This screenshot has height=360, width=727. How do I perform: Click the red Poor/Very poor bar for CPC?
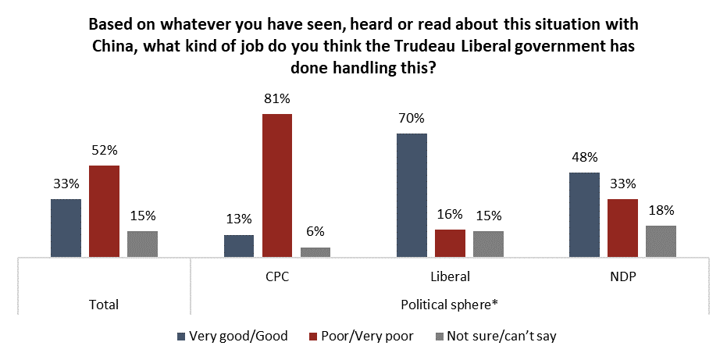[x=277, y=185]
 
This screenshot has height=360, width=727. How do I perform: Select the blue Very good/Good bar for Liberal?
[x=412, y=195]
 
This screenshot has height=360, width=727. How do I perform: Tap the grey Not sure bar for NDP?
[x=661, y=241]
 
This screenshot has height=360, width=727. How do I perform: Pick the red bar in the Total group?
[x=104, y=211]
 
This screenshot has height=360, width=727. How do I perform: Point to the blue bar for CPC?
[x=239, y=245]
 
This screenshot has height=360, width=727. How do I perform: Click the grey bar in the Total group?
[x=142, y=244]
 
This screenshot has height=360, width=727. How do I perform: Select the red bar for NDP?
[x=622, y=227]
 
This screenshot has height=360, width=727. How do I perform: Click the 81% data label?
[x=277, y=101]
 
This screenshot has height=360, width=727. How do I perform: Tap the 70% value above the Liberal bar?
[x=412, y=119]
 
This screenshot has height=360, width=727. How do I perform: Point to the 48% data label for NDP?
[x=584, y=159]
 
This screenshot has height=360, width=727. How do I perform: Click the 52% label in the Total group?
[x=104, y=151]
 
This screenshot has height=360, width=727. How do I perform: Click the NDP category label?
[x=622, y=276]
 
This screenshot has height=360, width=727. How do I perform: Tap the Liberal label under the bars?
[x=450, y=276]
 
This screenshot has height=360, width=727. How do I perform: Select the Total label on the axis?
[x=104, y=304]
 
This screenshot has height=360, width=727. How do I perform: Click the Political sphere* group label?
[x=450, y=304]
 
